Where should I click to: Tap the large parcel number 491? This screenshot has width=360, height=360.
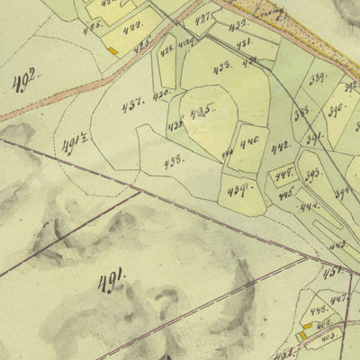pos(113,280)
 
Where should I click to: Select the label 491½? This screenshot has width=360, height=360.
pos(74,144)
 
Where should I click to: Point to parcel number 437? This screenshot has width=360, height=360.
pos(134,102)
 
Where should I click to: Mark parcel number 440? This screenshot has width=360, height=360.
pos(248,140)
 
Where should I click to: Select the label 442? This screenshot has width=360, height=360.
pos(281,147)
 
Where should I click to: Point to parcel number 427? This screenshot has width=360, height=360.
pos(204,18)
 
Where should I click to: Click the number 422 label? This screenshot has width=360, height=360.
pos(132,26)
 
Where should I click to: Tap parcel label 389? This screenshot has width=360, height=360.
pos(318,78)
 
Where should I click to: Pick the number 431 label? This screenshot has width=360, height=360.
pos(244,42)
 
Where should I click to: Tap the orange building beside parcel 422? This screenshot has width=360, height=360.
pos(112,52)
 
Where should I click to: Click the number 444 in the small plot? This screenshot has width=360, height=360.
pos(310,205)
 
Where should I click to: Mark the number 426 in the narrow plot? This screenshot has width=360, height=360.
pos(166,52)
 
